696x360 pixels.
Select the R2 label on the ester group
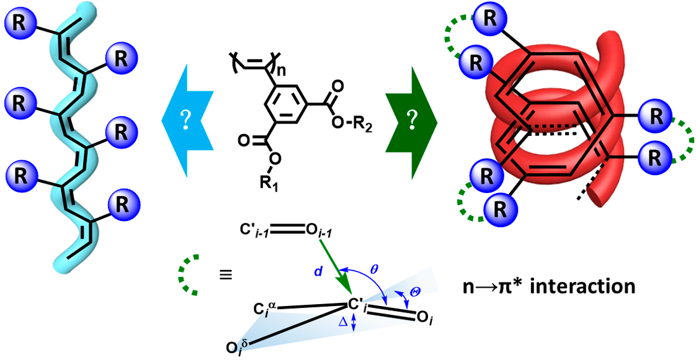tap(358, 129)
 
